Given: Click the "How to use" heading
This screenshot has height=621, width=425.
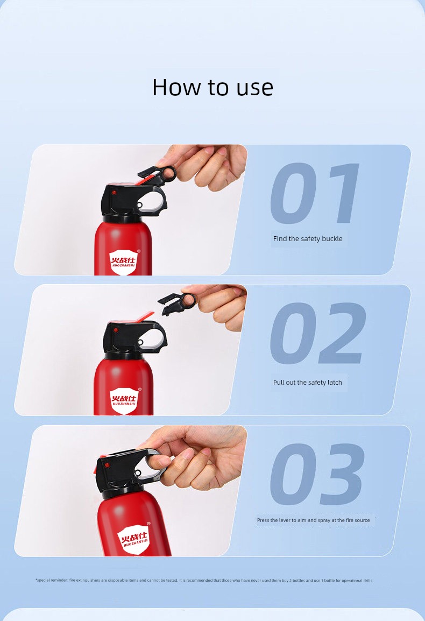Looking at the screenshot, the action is pyautogui.click(x=212, y=87).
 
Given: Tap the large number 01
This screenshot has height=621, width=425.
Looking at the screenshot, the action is pyautogui.click(x=315, y=193).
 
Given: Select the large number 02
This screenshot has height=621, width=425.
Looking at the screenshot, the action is pyautogui.click(x=317, y=333).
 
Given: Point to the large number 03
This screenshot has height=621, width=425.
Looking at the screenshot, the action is pyautogui.click(x=317, y=474).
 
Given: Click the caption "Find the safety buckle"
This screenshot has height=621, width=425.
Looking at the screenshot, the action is pyautogui.click(x=308, y=239).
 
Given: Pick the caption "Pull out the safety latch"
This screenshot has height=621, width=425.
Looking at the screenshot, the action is pyautogui.click(x=307, y=383).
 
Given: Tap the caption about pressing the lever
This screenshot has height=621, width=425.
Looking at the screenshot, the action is pyautogui.click(x=313, y=520).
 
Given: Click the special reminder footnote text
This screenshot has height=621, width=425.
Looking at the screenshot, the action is pyautogui.click(x=203, y=580).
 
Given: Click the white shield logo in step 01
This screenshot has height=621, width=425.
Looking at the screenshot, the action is pyautogui.click(x=123, y=262).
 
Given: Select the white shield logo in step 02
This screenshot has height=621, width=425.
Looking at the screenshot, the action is pyautogui.click(x=124, y=401).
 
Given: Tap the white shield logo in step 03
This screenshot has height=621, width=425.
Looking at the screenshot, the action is pyautogui.click(x=134, y=539).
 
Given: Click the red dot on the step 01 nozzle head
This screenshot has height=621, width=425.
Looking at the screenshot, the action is pyautogui.click(x=114, y=193).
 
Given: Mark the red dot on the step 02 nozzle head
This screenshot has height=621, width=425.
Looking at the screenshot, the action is pyautogui.click(x=115, y=330).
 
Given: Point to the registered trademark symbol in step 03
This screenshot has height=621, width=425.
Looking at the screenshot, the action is pyautogui.click(x=148, y=524).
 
